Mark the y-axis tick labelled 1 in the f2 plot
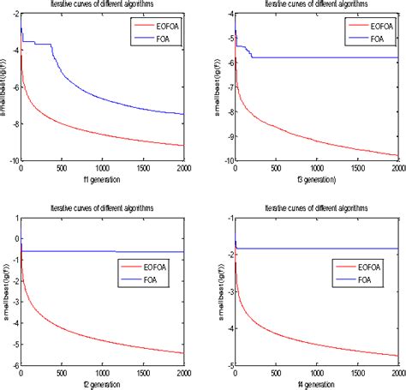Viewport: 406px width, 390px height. click(15, 219)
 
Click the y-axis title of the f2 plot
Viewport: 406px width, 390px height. click(4, 291)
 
